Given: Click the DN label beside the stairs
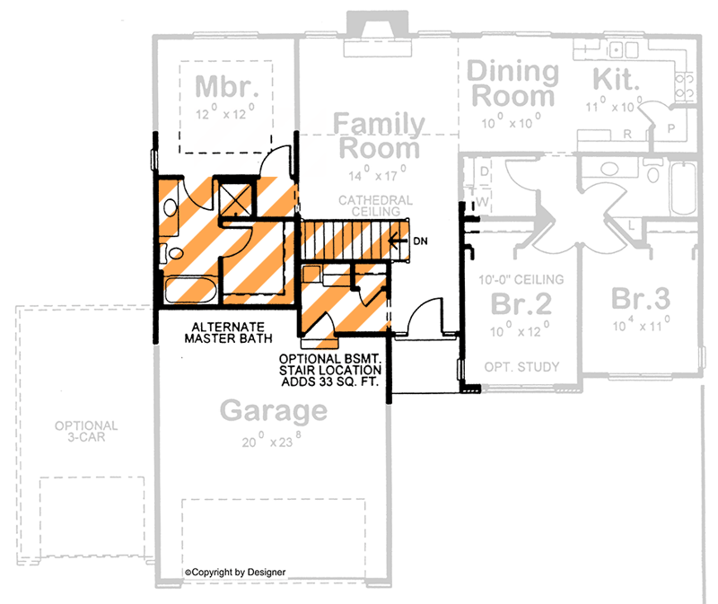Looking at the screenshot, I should (x=420, y=241).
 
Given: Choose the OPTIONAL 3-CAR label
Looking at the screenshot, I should (x=85, y=432).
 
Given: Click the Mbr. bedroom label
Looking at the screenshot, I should (x=226, y=86).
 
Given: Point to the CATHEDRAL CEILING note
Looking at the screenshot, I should (x=376, y=206).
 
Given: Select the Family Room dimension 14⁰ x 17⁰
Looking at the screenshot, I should (x=376, y=171).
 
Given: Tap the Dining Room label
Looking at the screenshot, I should (x=513, y=83).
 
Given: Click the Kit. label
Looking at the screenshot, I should (x=617, y=80).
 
